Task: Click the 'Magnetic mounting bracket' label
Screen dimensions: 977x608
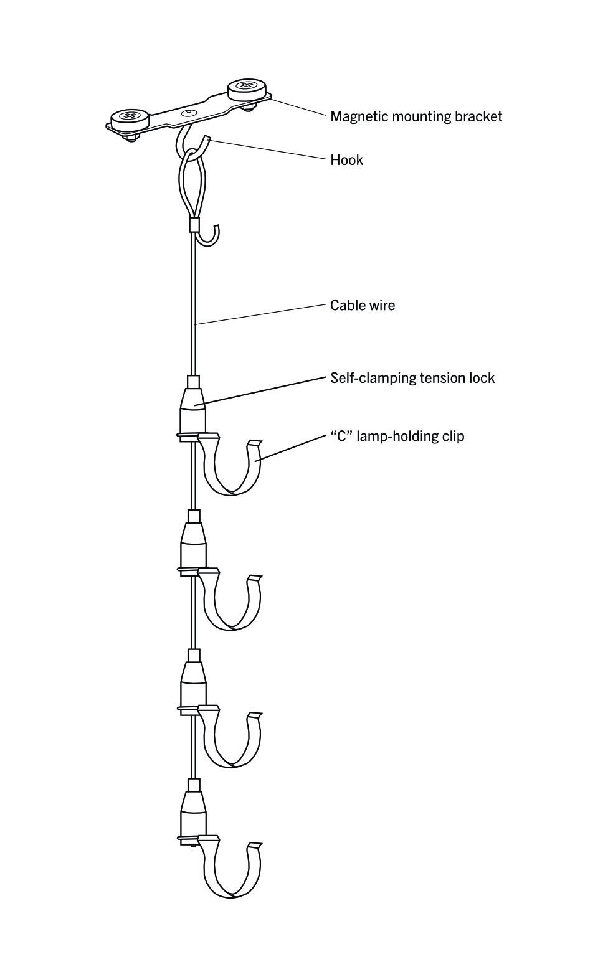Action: click(x=416, y=116)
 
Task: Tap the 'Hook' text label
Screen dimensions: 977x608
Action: click(x=346, y=160)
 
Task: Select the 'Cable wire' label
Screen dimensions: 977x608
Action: click(x=362, y=305)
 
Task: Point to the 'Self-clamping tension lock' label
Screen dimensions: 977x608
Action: click(x=412, y=378)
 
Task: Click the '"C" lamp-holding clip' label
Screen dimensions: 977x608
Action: click(x=397, y=436)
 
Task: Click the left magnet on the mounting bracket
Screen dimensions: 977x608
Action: click(x=130, y=116)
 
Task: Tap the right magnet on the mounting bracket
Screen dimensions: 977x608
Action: click(x=248, y=88)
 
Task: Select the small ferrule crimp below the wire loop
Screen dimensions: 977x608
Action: click(x=194, y=224)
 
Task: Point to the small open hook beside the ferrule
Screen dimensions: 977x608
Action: click(x=209, y=237)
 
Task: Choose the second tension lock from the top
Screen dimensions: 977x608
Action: click(x=193, y=544)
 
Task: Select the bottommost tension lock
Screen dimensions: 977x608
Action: click(x=193, y=812)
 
